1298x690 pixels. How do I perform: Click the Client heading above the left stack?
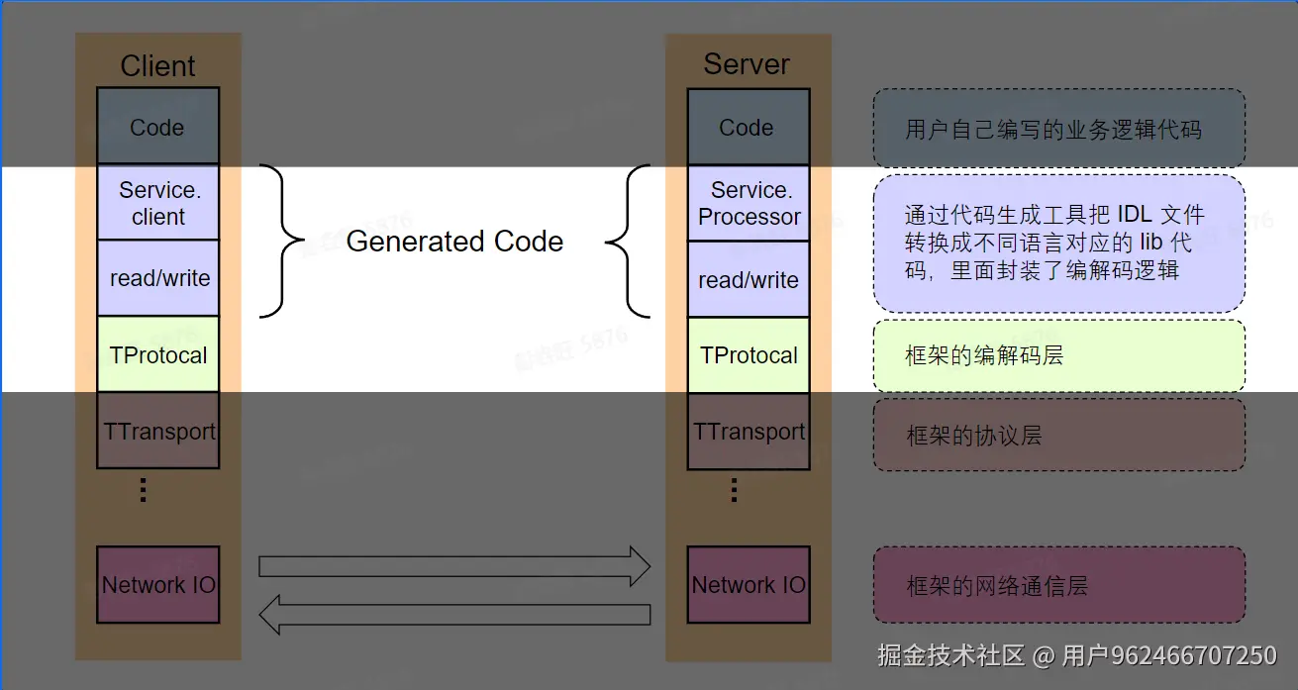pos(157,66)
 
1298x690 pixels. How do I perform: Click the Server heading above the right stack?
pos(747,64)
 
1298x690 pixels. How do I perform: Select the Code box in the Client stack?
pos(157,127)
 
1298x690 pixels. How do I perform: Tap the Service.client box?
pos(157,203)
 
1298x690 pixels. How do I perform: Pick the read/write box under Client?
pos(157,278)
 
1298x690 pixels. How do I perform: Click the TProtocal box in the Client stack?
pos(157,354)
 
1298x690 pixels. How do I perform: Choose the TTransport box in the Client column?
pos(157,431)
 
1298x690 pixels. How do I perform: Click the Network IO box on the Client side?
pos(157,584)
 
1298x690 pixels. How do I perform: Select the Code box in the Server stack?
pos(748,127)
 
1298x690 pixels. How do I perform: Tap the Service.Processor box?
pos(749,203)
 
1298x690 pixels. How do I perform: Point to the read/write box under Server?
pos(749,279)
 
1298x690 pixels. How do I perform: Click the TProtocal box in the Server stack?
pos(749,354)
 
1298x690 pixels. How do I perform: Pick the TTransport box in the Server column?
pos(749,431)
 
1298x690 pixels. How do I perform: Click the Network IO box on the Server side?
pos(749,584)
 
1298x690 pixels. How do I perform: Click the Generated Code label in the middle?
pos(454,242)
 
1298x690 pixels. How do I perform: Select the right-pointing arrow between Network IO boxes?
pos(453,566)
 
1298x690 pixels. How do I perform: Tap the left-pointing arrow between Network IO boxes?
pos(453,614)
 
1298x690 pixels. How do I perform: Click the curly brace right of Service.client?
pos(282,242)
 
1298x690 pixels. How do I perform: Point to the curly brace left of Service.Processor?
pos(628,242)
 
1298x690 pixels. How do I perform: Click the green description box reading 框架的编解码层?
pos(1058,355)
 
